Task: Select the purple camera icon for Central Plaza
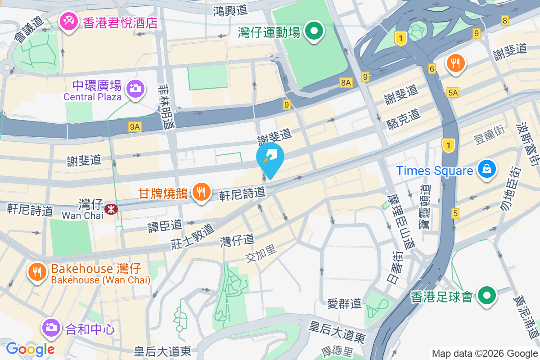[135, 88]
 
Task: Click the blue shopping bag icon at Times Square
[487, 170]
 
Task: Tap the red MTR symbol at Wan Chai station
[109, 209]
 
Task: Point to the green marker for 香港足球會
[487, 296]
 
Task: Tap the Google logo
[30, 349]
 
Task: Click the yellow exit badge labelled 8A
[346, 83]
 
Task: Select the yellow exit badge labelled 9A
[135, 127]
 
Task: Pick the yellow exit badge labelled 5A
[453, 93]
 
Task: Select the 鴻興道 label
[231, 9]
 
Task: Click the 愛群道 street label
[344, 303]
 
